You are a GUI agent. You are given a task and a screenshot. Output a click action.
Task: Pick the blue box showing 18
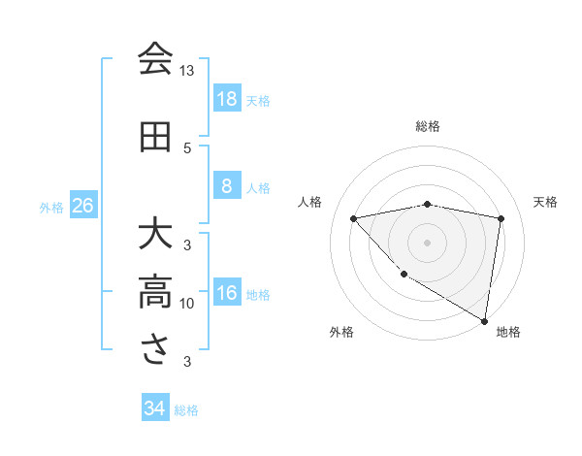tap(226, 99)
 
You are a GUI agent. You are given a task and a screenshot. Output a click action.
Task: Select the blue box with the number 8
tap(226, 186)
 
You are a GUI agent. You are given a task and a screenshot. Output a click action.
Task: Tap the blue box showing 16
tap(226, 294)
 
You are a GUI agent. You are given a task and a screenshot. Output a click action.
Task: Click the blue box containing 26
tap(82, 206)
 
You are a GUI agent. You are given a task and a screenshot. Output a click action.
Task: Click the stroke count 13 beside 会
tap(186, 71)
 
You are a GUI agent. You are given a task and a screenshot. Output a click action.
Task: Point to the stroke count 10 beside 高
tap(186, 304)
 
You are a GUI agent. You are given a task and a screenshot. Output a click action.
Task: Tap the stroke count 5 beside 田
tap(187, 147)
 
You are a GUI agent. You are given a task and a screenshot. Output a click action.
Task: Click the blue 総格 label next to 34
tap(187, 410)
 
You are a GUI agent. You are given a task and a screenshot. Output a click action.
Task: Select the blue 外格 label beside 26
tap(51, 207)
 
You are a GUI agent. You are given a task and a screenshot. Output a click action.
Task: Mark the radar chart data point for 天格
tap(501, 218)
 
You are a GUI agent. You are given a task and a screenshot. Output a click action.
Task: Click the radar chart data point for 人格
tap(353, 218)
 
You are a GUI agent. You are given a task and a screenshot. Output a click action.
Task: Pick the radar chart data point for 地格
tap(484, 320)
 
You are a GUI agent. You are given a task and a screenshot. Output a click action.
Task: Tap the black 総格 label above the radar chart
tap(428, 126)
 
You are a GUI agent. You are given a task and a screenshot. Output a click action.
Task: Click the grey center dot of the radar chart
tap(428, 242)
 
